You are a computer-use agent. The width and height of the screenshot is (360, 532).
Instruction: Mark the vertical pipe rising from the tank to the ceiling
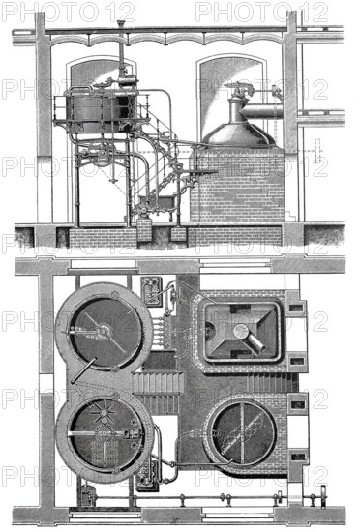(120, 58)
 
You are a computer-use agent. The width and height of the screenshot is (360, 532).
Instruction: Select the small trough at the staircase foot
(156, 204)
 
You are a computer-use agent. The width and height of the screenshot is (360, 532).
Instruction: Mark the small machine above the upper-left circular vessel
(152, 290)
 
